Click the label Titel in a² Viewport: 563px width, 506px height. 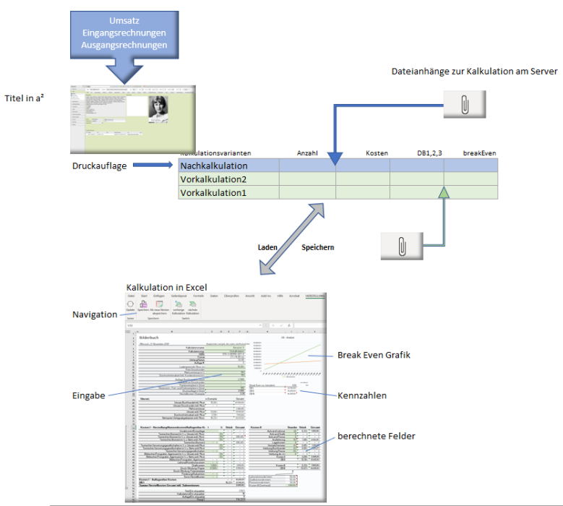coord(25,98)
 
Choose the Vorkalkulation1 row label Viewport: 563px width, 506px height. coord(214,193)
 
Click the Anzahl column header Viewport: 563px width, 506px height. coord(308,153)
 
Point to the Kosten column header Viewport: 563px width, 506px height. coord(377,153)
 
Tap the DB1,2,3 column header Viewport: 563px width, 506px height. coord(429,153)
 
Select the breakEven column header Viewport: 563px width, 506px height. coord(480,153)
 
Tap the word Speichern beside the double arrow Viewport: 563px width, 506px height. coord(317,246)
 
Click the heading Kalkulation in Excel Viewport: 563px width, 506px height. coord(166,287)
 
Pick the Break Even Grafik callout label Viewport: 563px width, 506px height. coord(373,355)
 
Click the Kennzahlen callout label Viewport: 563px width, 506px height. coord(362,396)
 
